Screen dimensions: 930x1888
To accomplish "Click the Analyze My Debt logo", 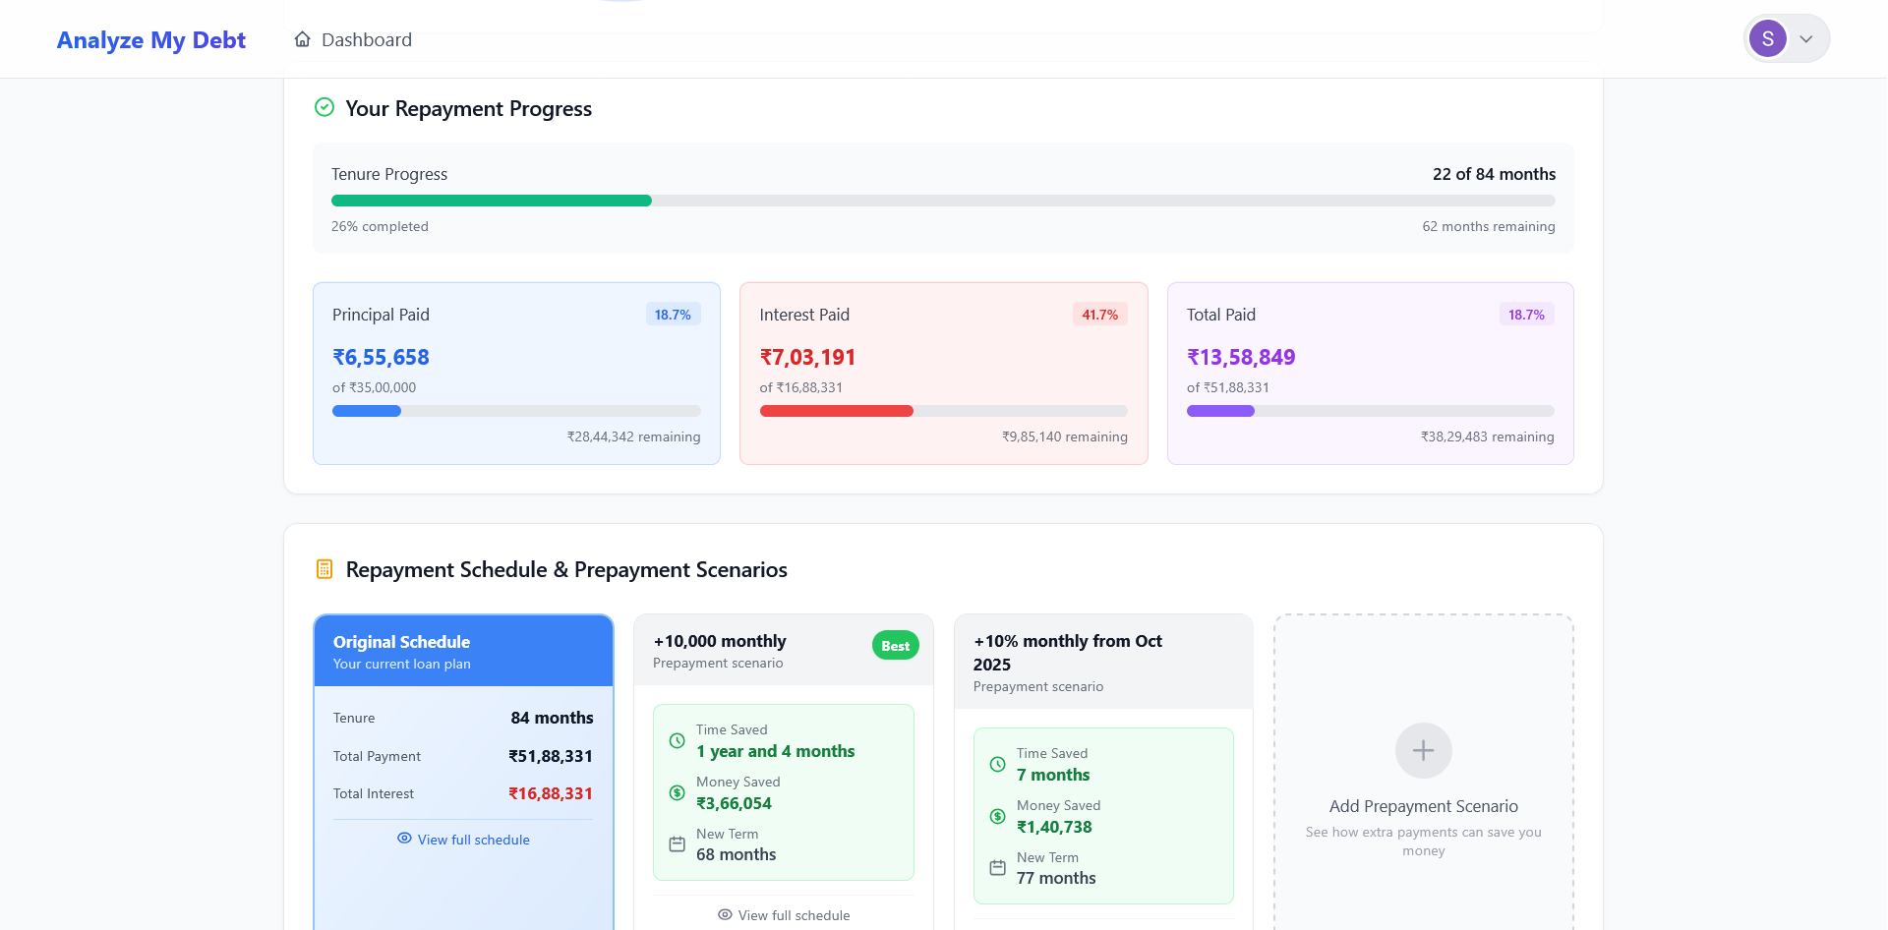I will pos(150,40).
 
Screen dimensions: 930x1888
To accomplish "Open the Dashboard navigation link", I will pos(353,40).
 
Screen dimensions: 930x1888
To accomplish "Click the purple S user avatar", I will pos(1767,39).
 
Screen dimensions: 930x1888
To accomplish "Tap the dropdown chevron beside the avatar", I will pos(1806,39).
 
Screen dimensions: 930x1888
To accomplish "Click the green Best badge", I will pos(895,646).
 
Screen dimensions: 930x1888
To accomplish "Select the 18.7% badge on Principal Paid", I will pos(673,315).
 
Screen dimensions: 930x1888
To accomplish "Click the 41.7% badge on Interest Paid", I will pos(1099,315).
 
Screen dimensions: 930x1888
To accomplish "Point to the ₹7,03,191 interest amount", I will pos(807,357).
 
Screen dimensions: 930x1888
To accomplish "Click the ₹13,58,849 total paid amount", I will pos(1241,357).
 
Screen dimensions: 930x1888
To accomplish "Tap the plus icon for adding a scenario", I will pos(1423,751).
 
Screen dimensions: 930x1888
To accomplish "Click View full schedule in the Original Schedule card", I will pos(463,840).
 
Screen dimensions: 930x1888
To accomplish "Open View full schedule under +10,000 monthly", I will pos(784,915).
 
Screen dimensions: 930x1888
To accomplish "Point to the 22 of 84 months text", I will pos(1494,174).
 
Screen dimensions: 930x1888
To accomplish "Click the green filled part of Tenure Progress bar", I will pos(492,201).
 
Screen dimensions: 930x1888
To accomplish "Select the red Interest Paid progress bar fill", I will pos(836,411).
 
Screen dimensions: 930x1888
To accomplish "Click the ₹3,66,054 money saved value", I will pos(734,803).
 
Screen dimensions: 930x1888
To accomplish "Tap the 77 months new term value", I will pos(1056,878).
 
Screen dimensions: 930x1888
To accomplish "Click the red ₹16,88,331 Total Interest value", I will pos(550,793).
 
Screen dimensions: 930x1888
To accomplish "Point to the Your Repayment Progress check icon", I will pos(324,107).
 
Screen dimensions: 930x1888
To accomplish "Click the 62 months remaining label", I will pos(1488,226).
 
